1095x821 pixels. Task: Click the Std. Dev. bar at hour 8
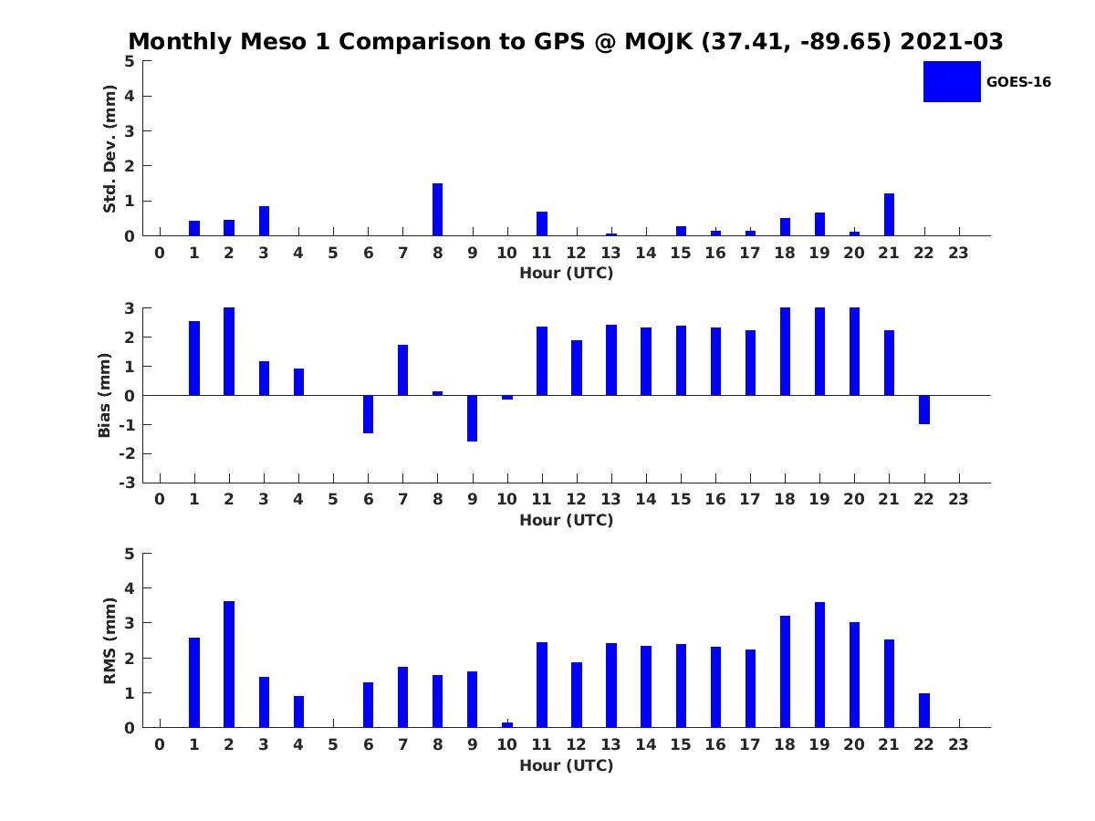(x=437, y=210)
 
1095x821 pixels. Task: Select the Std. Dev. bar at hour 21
(x=889, y=214)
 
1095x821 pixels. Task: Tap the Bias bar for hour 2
(x=229, y=351)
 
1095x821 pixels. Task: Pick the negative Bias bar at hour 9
(x=472, y=418)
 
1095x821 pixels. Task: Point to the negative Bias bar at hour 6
(x=368, y=413)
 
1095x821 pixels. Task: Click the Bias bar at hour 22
(x=923, y=410)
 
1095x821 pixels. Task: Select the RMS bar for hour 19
(x=819, y=665)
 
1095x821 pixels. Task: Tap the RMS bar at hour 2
(x=229, y=664)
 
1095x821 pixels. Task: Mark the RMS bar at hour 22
(x=923, y=711)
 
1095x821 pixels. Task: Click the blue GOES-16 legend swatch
(x=951, y=81)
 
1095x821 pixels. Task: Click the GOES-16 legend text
(x=1018, y=82)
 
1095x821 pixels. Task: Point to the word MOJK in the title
(x=657, y=42)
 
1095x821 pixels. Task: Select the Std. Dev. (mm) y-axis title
(x=110, y=149)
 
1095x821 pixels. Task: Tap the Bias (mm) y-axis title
(x=105, y=395)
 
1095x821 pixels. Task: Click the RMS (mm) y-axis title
(x=110, y=640)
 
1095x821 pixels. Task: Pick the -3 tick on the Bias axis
(x=129, y=483)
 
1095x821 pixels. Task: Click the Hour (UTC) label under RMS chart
(x=566, y=765)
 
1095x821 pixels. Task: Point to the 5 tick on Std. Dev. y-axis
(x=130, y=61)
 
